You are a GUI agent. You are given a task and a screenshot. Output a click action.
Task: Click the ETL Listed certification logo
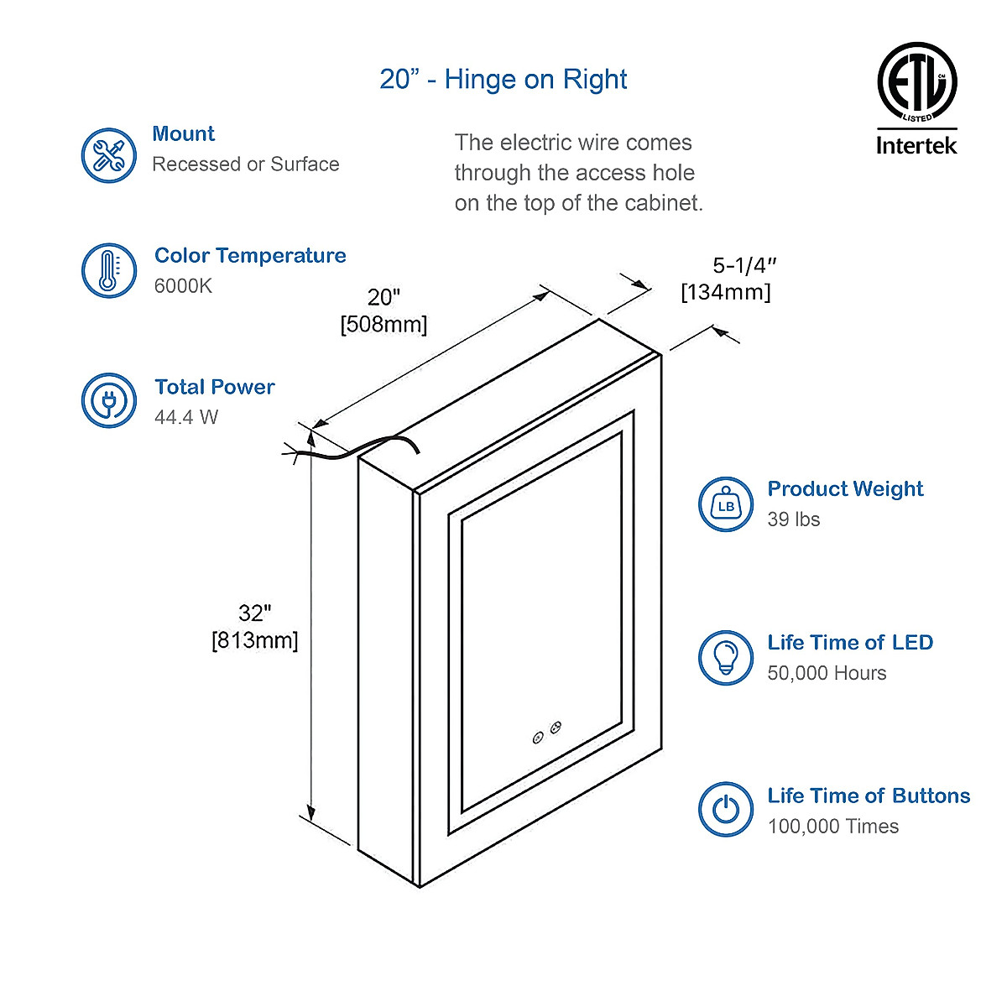(x=916, y=82)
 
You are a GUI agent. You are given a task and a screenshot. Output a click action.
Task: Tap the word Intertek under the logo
(x=916, y=145)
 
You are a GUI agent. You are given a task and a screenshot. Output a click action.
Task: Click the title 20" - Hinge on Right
(x=503, y=80)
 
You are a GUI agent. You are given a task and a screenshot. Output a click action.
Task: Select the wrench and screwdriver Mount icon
(x=109, y=156)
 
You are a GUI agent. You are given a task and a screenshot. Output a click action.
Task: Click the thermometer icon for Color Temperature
(x=109, y=270)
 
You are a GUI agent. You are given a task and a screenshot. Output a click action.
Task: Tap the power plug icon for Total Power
(x=109, y=401)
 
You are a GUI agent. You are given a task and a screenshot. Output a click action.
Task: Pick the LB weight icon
(x=726, y=504)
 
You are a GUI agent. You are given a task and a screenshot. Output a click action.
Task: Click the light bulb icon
(x=726, y=657)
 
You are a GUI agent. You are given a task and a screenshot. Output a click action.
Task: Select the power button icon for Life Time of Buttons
(x=726, y=810)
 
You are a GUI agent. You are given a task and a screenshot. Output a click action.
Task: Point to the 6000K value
(x=183, y=286)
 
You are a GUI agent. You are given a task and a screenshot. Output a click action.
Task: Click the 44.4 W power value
(x=186, y=417)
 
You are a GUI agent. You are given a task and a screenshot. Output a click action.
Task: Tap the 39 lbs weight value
(x=793, y=519)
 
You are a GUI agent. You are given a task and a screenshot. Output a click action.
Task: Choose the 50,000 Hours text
(x=827, y=673)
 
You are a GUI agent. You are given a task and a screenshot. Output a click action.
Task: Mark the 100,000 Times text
(x=832, y=827)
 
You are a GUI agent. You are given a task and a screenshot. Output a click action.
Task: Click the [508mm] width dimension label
(x=383, y=325)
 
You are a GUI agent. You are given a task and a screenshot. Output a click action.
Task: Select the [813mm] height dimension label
(x=254, y=641)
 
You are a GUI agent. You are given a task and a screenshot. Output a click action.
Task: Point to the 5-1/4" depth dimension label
(x=744, y=266)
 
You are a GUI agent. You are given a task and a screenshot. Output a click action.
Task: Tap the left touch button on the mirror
(x=538, y=738)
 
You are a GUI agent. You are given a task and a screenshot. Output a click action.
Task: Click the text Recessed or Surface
(x=246, y=164)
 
